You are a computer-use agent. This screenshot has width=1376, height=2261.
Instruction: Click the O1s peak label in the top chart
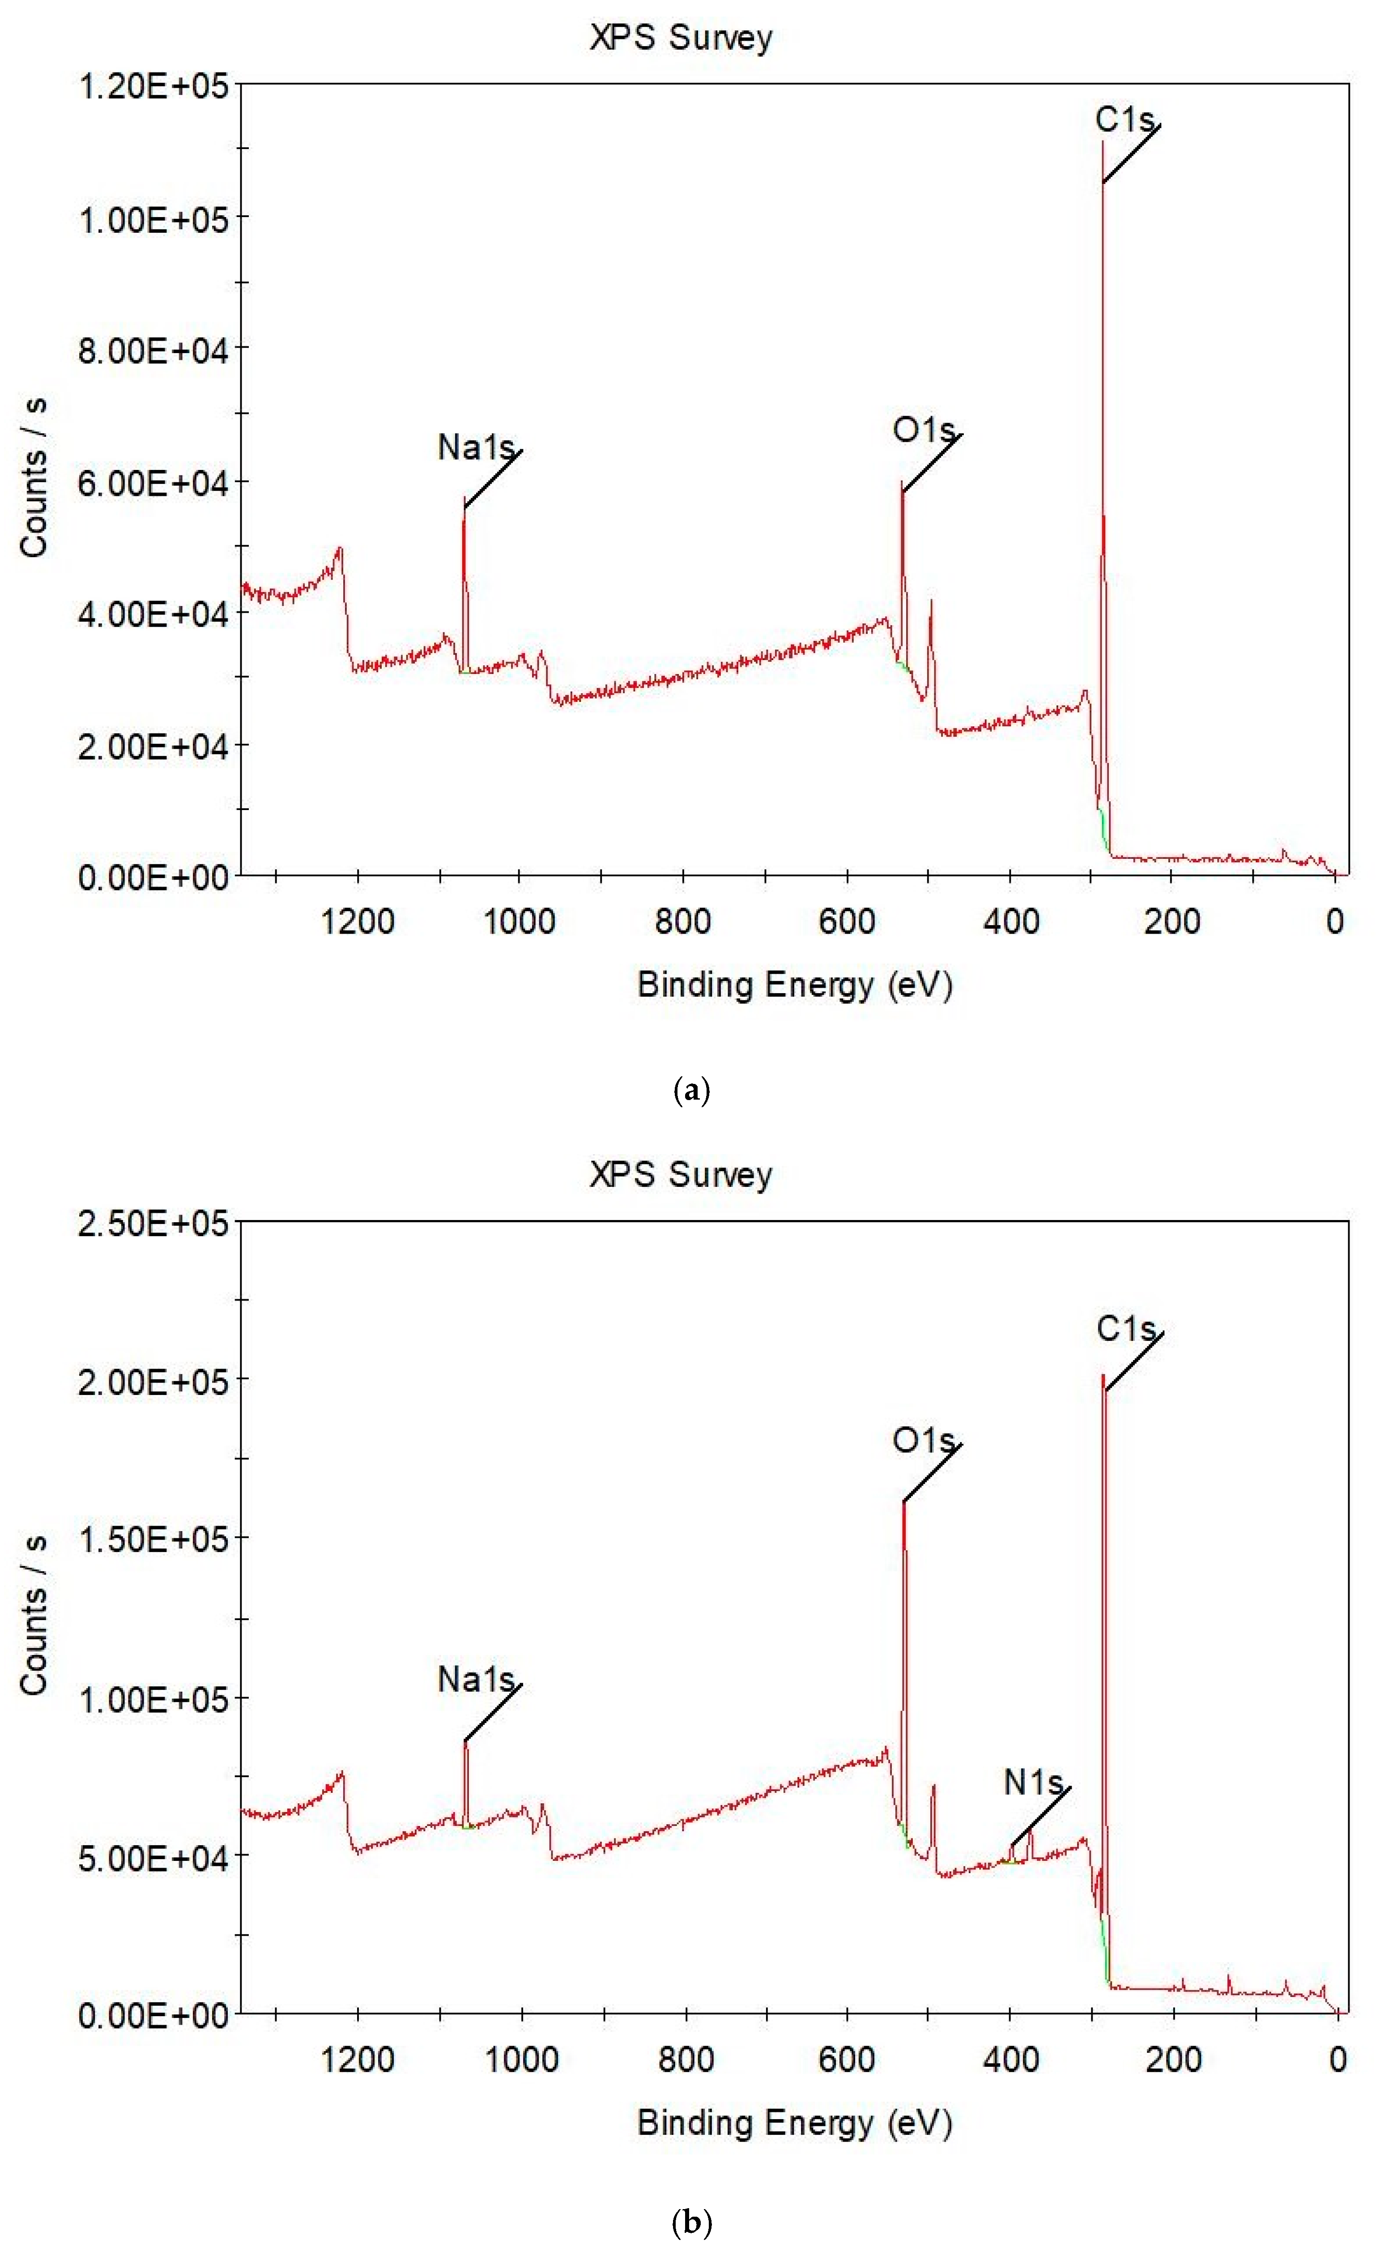coord(923,430)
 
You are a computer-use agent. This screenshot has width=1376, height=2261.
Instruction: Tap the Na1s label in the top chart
coord(475,448)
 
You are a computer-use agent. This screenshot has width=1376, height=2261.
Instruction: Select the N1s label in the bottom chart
coord(1033,1782)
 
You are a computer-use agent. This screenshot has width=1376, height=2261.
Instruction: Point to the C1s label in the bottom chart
coord(1125,1329)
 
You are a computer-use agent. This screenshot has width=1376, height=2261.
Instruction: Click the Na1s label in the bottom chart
coord(475,1679)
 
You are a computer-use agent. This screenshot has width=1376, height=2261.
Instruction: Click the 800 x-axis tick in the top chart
coord(682,920)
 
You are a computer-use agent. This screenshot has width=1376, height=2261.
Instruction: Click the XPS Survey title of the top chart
coord(681,38)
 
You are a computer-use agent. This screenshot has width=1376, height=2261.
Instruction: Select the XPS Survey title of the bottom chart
coord(681,1174)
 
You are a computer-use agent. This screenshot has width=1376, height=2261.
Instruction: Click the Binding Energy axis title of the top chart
coord(794,985)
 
